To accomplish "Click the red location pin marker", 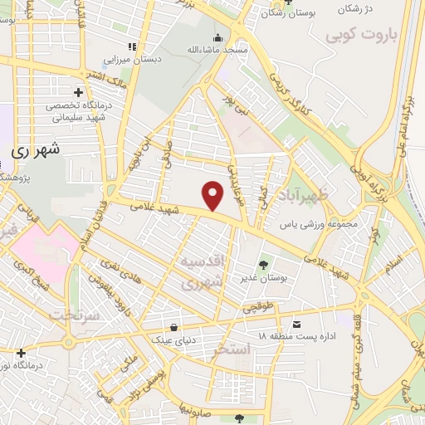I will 213,195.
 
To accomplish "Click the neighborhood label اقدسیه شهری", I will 202,273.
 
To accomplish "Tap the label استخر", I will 230,349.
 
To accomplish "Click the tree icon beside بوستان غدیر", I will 264,266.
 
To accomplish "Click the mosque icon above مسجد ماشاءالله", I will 217,37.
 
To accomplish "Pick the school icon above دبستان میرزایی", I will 131,46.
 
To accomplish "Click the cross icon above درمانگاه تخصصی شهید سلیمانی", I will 78,92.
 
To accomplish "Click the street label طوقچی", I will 282,305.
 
